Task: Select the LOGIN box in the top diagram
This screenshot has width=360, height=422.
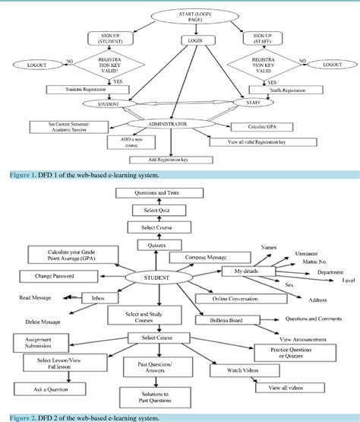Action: [x=195, y=40]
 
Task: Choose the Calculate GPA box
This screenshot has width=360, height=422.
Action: [x=275, y=126]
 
